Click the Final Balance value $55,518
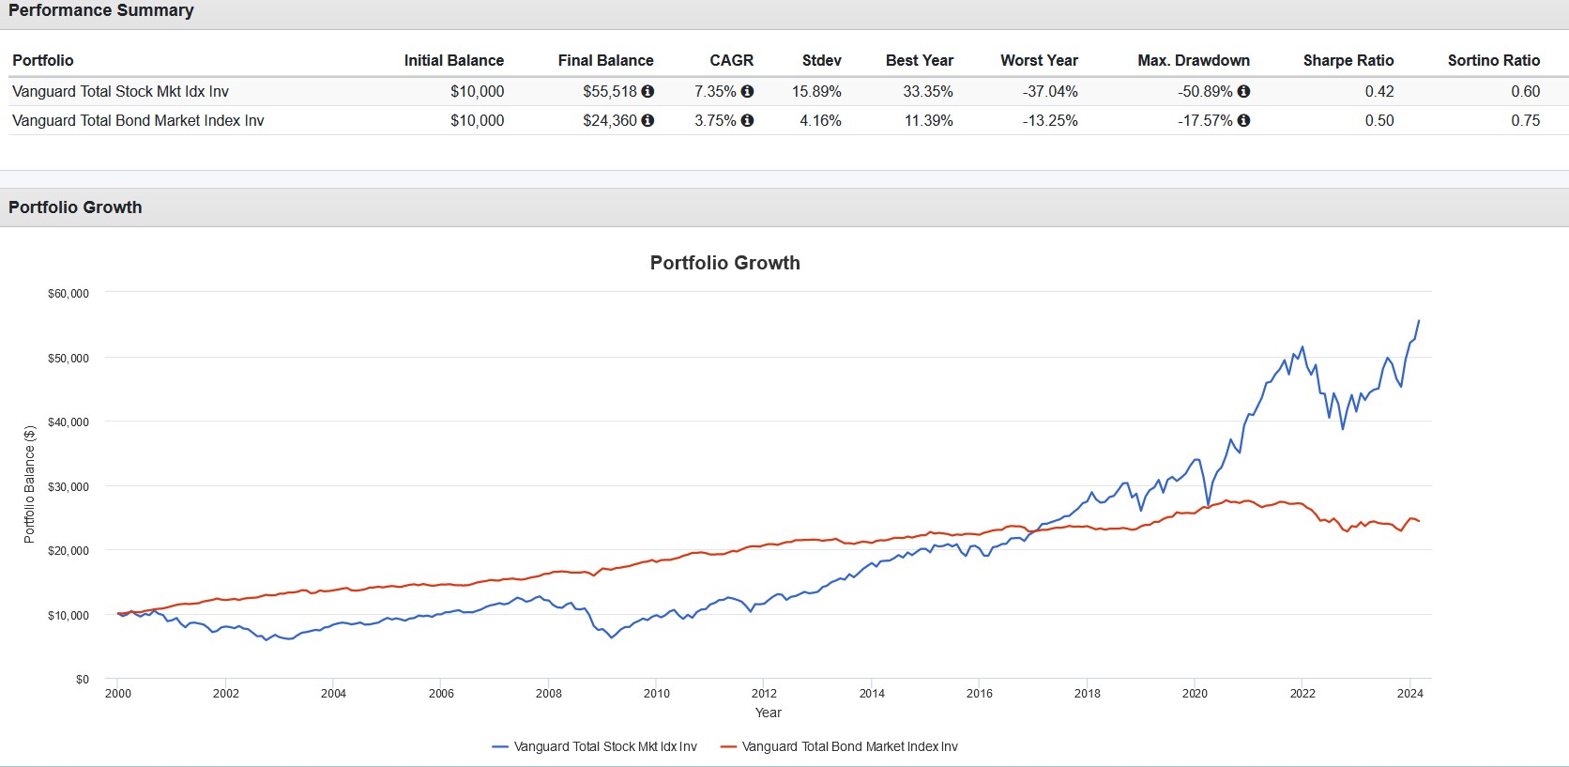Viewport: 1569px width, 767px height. (x=609, y=91)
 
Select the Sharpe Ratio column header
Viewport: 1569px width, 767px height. (x=1348, y=60)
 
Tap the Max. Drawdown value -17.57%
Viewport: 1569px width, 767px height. (x=1205, y=120)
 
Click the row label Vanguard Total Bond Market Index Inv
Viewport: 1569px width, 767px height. (x=138, y=120)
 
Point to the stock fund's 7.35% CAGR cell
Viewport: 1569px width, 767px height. (x=715, y=91)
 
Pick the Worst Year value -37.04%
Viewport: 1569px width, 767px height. (x=1050, y=91)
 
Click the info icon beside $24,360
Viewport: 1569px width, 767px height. (x=647, y=120)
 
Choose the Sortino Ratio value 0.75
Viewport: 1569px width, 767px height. (x=1525, y=120)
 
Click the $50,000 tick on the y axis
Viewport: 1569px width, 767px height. (x=69, y=358)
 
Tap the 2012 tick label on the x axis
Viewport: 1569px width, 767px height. (x=764, y=694)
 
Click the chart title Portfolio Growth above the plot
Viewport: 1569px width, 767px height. (x=724, y=263)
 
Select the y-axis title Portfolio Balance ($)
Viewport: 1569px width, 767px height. (x=29, y=484)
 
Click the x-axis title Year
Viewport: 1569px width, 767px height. (x=768, y=713)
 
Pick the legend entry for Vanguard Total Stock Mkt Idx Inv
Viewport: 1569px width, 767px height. (x=604, y=746)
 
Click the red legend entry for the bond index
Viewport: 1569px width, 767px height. (x=849, y=746)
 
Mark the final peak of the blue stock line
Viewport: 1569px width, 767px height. (x=1418, y=321)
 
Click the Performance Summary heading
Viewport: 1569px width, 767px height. (x=101, y=10)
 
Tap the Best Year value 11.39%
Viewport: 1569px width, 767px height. (x=928, y=120)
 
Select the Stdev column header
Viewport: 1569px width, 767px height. (x=821, y=60)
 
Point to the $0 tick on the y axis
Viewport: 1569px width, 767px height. (x=83, y=679)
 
